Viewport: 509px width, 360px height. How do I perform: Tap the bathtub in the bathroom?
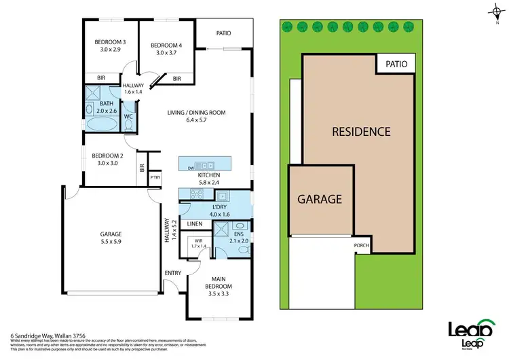coord(101,124)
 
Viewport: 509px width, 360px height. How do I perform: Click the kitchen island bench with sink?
coord(204,165)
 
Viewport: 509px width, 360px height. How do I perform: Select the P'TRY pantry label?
coord(154,178)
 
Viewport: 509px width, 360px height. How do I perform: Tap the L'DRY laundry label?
coord(219,206)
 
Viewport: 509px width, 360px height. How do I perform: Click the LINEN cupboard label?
coord(195,223)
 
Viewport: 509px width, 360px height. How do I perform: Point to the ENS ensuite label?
coord(239,232)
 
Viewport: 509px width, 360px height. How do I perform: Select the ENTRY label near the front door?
coord(173,273)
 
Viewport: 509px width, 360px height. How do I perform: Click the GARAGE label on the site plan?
coord(320,200)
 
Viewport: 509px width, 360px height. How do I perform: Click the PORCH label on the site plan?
coord(361,245)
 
